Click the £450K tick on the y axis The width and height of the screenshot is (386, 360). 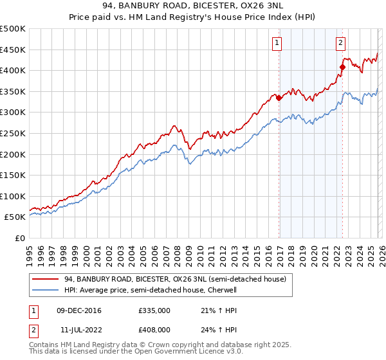click(x=13, y=50)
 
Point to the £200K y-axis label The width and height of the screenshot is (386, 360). click(x=13, y=154)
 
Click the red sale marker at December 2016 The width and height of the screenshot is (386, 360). click(x=279, y=98)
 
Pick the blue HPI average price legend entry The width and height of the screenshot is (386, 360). click(x=151, y=290)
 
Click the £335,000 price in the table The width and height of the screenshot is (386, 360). click(x=154, y=310)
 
